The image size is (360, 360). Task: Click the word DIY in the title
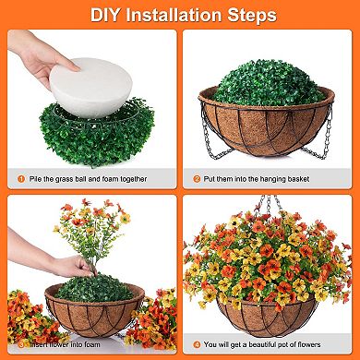coord(107,16)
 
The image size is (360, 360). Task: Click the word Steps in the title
coord(250,16)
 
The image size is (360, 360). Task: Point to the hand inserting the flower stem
coord(65,268)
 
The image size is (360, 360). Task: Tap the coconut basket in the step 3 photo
coord(92,314)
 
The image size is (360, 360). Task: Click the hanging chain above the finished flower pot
coord(268,205)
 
